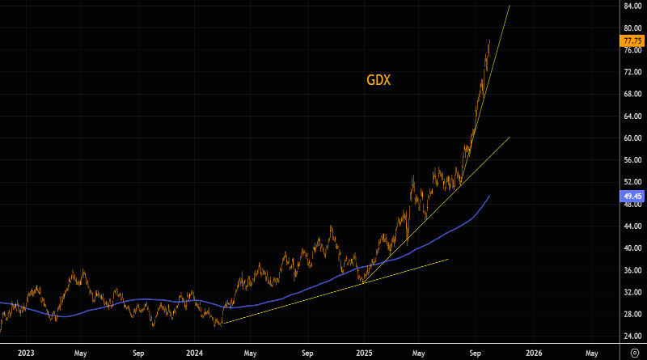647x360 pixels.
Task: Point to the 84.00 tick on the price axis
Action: click(632, 6)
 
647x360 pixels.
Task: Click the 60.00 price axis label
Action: click(632, 138)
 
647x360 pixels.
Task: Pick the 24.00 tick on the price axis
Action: click(632, 337)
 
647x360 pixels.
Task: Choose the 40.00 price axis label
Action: click(632, 248)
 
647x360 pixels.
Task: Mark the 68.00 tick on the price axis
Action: click(632, 94)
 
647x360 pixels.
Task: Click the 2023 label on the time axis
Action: click(26, 353)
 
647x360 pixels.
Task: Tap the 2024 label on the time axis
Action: click(194, 353)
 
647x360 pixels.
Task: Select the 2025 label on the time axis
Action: click(363, 353)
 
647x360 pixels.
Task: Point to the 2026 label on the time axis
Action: click(534, 353)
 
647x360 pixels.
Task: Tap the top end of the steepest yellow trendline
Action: click(510, 6)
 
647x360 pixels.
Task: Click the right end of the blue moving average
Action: click(489, 196)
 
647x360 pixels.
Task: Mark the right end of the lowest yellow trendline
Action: click(447, 259)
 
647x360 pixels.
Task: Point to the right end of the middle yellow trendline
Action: click(510, 138)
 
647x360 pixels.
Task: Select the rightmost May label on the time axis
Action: click(591, 353)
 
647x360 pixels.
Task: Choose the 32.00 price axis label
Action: click(632, 292)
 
